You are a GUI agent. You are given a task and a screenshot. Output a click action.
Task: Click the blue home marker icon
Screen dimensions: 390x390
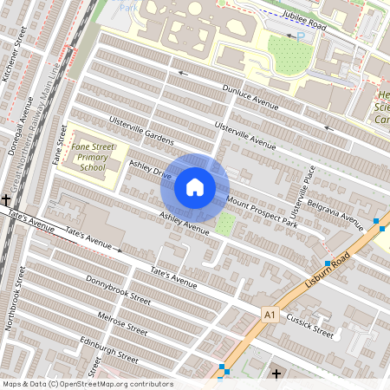195,187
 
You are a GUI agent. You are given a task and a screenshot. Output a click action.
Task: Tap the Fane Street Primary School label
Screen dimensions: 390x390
93,158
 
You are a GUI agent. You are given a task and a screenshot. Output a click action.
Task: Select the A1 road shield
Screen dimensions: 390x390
270,313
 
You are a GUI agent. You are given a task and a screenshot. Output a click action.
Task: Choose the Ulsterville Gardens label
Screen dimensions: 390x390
141,130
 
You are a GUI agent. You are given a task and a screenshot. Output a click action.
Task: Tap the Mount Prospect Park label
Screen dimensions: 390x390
262,211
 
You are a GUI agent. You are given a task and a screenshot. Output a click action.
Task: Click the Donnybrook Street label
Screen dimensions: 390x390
118,289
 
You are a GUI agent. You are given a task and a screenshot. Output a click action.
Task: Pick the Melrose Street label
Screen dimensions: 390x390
122,322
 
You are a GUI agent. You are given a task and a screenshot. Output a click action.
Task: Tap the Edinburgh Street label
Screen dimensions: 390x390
109,349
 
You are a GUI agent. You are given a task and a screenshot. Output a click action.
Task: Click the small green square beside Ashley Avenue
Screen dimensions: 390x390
224,224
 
